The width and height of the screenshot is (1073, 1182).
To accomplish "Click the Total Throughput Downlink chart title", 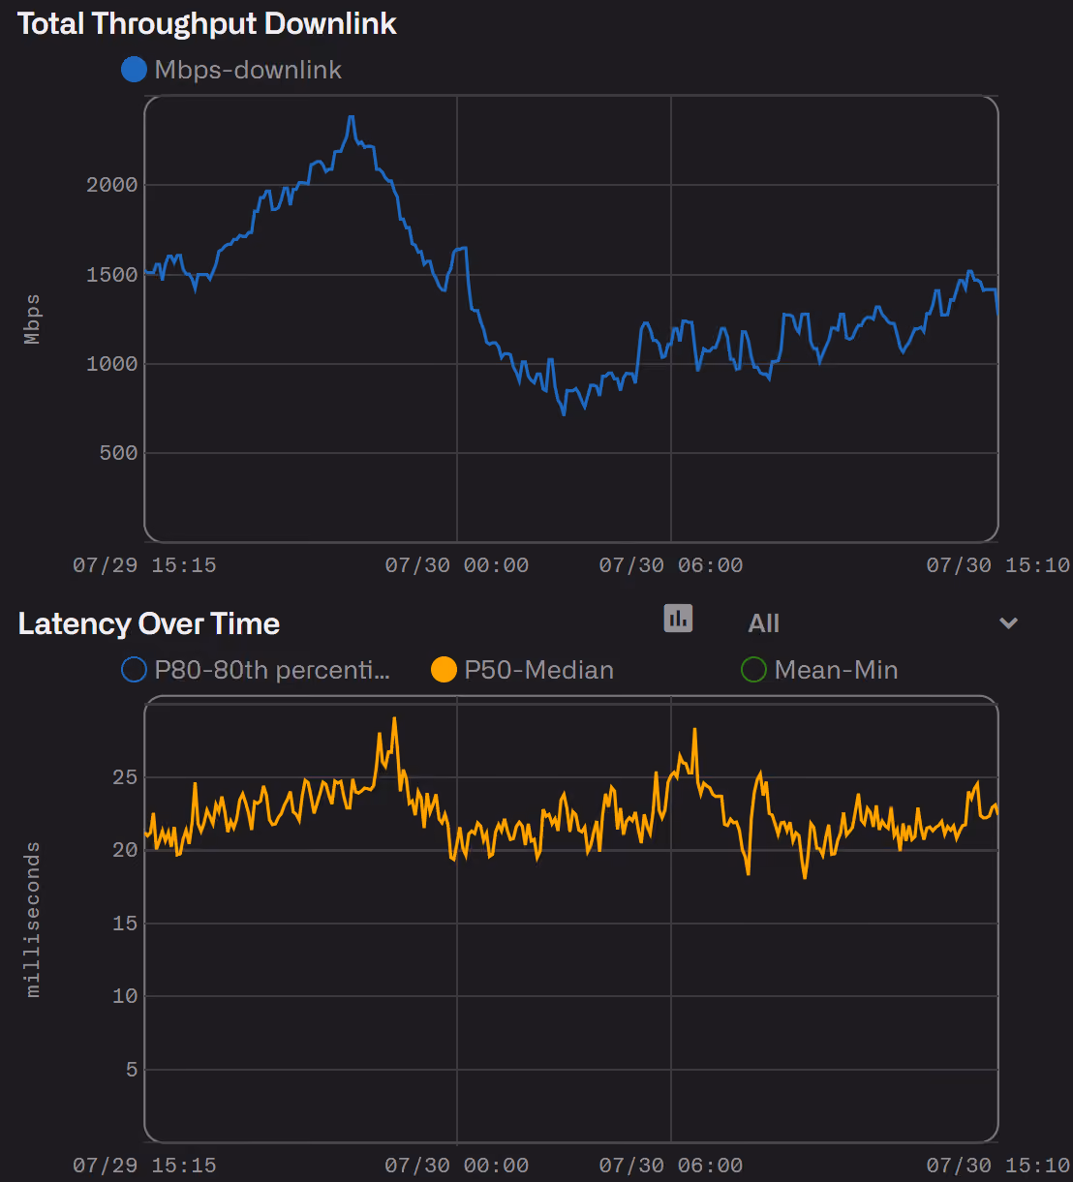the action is [207, 25].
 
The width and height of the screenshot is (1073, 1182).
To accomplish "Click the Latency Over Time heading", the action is [149, 624].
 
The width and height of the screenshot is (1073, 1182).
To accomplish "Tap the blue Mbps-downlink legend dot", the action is [134, 70].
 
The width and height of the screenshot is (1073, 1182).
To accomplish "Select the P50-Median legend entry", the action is [522, 670].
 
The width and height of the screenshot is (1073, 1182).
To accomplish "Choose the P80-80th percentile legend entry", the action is [256, 670].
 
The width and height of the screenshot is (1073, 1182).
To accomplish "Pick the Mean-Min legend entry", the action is [819, 670].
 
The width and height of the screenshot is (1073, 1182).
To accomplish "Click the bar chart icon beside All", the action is [678, 618].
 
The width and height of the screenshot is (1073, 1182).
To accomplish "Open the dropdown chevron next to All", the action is [1009, 622].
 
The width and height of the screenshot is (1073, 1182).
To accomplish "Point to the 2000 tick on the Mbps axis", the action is [112, 185].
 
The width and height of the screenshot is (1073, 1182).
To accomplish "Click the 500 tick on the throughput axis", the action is [118, 453].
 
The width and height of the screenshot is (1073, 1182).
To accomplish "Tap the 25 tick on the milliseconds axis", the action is [125, 777].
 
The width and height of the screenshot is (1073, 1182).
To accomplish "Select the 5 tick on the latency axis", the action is [132, 1070].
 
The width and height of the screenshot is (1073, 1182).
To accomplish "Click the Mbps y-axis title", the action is [32, 318].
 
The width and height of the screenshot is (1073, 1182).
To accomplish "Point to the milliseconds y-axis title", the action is [32, 920].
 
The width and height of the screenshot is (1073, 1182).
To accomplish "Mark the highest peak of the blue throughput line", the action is [352, 117].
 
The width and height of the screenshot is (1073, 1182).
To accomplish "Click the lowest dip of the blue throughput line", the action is [564, 414].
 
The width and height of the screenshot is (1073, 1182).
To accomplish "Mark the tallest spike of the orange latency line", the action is [394, 719].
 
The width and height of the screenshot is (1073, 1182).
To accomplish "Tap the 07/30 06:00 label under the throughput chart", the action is [671, 565].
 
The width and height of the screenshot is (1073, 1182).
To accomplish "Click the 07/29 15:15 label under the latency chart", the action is [144, 1166].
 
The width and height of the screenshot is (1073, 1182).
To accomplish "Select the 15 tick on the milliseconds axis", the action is [125, 924].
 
